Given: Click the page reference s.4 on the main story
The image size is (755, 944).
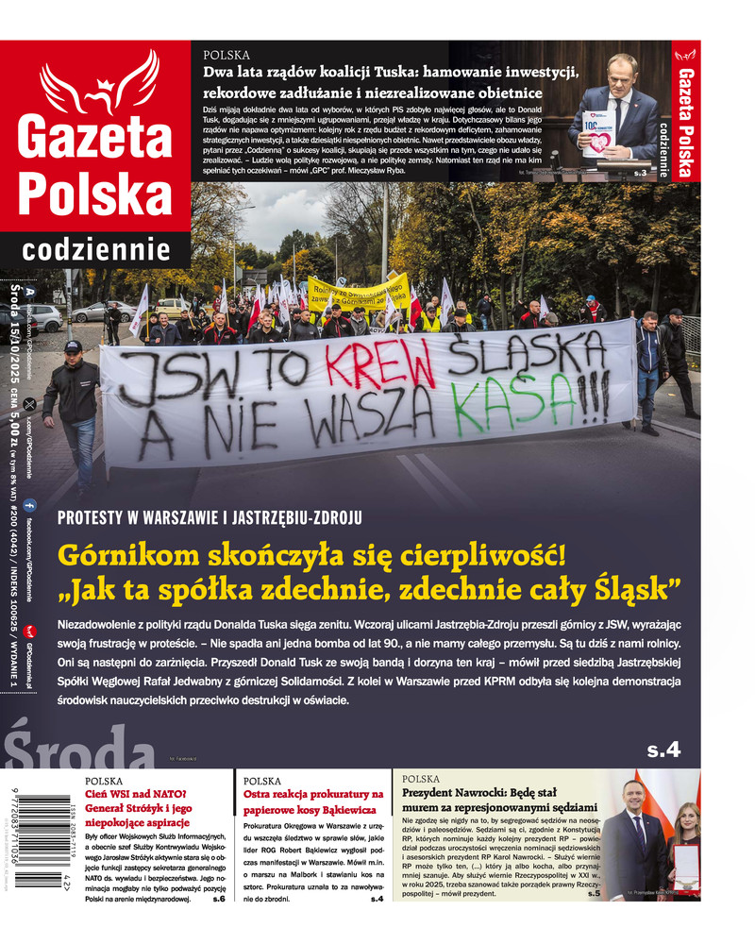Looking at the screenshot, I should click(663, 750).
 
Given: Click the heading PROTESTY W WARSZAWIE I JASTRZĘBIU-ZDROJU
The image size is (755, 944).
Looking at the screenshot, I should click(210, 517).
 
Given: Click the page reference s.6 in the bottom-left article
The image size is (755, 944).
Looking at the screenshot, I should click(218, 900).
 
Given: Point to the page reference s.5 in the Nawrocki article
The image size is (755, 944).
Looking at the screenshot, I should click(592, 893).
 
